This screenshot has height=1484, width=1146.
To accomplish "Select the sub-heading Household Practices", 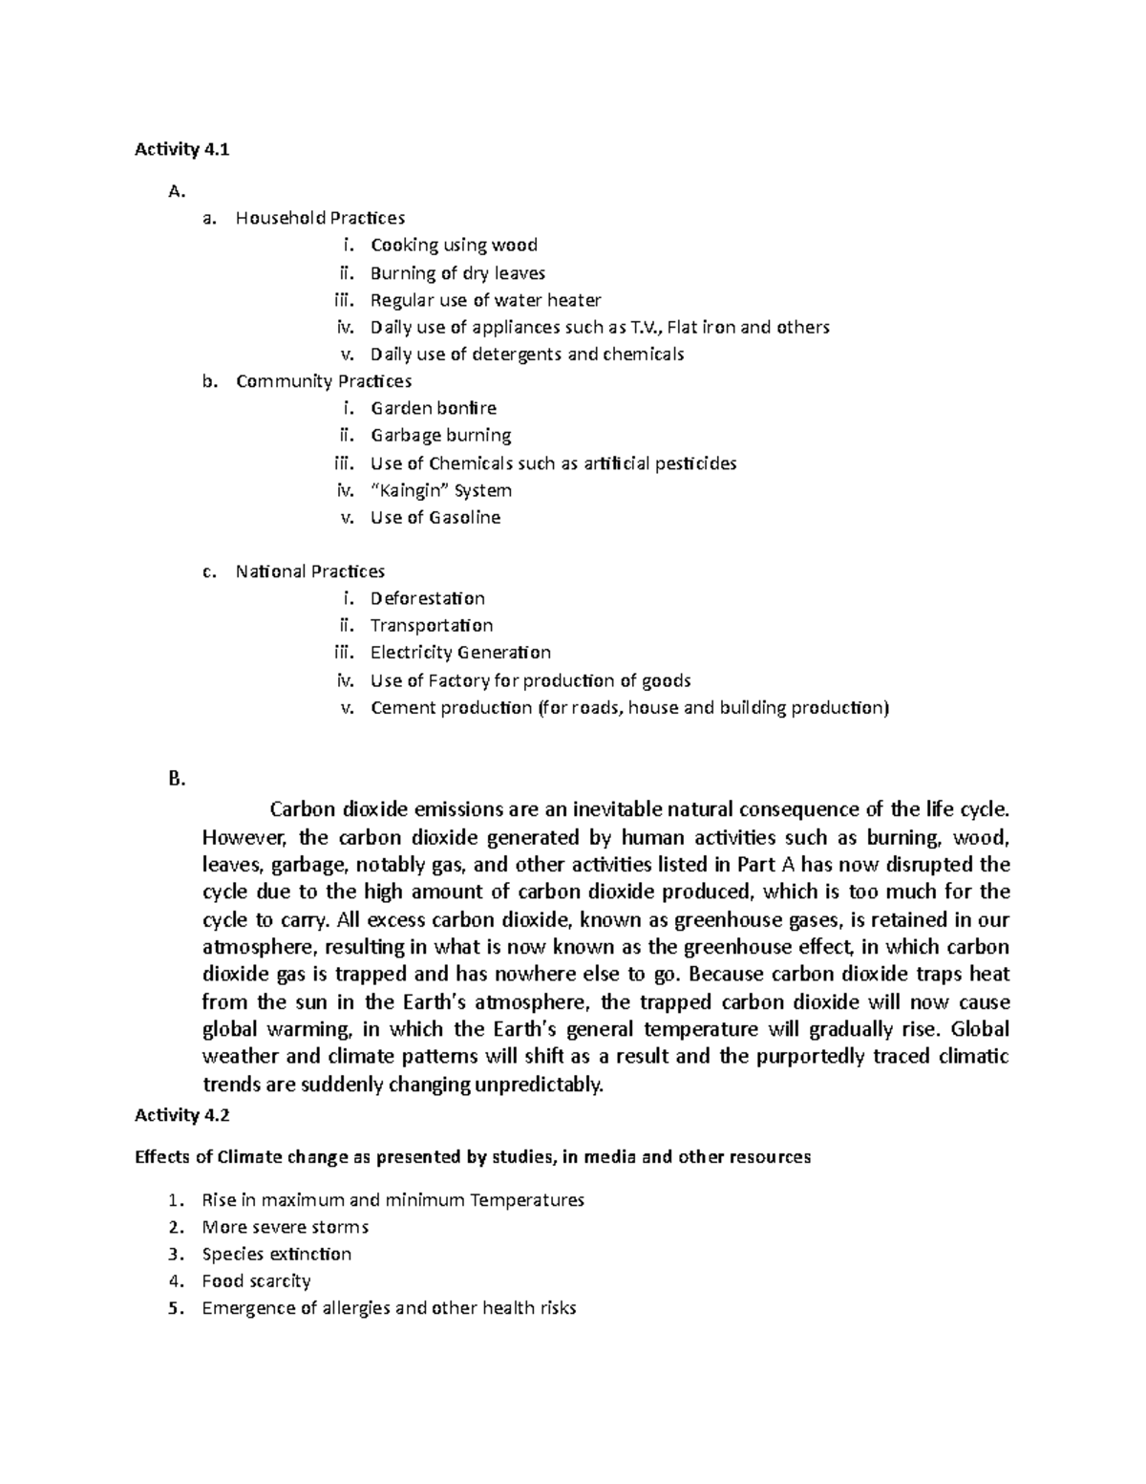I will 320,218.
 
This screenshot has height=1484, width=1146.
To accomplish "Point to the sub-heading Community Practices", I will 324,381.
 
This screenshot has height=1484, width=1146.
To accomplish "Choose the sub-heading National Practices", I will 310,571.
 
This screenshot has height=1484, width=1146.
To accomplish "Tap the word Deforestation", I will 427,598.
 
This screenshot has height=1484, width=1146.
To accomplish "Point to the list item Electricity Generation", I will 460,653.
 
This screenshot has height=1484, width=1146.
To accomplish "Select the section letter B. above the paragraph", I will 176,779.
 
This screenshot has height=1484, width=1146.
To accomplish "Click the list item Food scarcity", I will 256,1280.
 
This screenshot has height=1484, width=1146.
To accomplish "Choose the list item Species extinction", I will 276,1254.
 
